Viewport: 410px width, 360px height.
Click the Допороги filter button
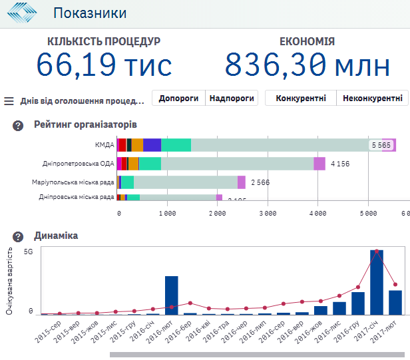[178, 98]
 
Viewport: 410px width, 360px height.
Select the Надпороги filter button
[231, 98]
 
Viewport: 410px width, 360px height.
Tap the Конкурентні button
[300, 98]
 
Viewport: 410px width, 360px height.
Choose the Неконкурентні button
[372, 98]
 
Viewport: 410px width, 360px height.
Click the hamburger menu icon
[9, 101]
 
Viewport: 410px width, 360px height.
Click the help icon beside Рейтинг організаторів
[19, 125]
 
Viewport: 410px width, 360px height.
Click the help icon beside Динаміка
[19, 236]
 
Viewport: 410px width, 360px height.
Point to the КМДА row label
[104, 145]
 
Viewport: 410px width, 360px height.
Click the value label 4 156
[340, 164]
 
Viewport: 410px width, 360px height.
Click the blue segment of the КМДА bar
[152, 145]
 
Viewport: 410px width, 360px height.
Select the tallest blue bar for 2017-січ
[377, 282]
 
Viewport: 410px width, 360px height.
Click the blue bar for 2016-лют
[172, 295]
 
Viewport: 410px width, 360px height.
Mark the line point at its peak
[377, 252]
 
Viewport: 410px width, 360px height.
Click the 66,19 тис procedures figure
[104, 65]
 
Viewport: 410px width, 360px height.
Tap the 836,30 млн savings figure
[307, 65]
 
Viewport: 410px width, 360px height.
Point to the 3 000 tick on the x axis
[267, 214]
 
